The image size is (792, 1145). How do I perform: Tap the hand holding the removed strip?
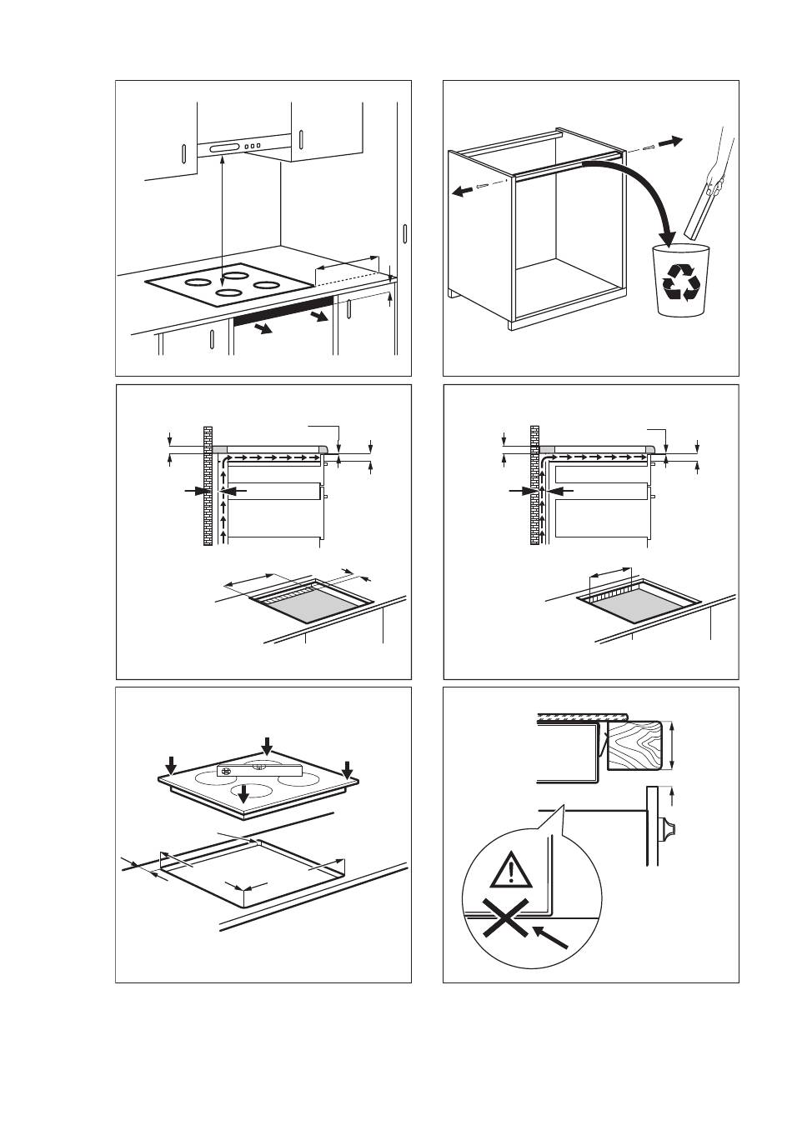click(x=714, y=179)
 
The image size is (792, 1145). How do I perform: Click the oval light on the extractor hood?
click(x=225, y=148)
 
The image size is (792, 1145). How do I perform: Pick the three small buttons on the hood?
click(x=253, y=146)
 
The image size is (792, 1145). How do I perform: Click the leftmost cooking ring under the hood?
click(x=197, y=282)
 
